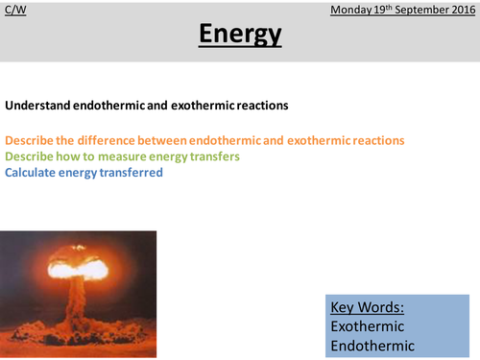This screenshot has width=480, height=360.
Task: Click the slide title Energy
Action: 240,36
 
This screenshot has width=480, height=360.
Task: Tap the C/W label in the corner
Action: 14,11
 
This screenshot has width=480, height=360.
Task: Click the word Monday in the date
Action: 351,11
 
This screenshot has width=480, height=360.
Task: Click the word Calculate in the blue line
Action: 33,173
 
